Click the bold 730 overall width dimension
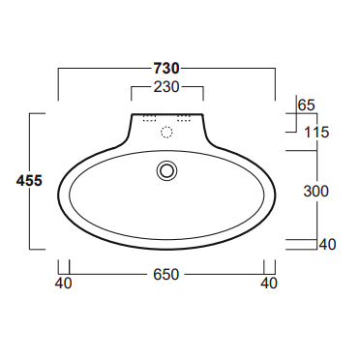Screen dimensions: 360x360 pos(166,69)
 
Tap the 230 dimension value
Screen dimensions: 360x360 pos(166,87)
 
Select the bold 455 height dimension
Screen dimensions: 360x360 pos(29,181)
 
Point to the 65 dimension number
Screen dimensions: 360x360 pos(306,105)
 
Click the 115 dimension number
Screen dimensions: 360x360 pos(316,133)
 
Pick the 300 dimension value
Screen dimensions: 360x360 pos(316,192)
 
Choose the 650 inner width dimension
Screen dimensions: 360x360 pos(165,275)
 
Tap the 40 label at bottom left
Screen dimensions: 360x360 pos(63,284)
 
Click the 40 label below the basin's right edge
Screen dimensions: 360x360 pos(269,284)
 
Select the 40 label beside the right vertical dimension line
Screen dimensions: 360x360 pos(327,244)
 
